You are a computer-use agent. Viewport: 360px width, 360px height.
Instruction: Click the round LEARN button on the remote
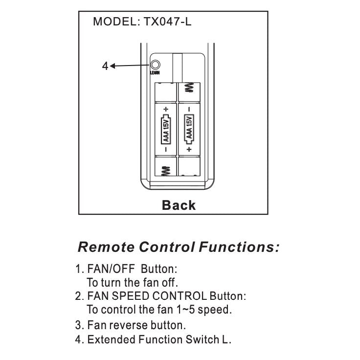click(156, 65)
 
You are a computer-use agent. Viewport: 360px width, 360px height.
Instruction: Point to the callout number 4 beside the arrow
click(105, 66)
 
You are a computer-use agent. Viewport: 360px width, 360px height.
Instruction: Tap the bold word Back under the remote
click(179, 205)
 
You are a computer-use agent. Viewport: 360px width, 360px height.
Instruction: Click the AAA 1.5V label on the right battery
click(189, 129)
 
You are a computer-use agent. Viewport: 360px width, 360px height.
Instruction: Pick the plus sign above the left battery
click(166, 108)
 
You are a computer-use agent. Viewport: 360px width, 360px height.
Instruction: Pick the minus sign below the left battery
click(166, 149)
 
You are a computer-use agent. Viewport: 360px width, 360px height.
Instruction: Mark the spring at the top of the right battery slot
click(189, 88)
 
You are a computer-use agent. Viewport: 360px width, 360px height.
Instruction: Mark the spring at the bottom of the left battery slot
click(166, 170)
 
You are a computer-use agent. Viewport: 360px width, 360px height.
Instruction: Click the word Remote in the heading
click(107, 247)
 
